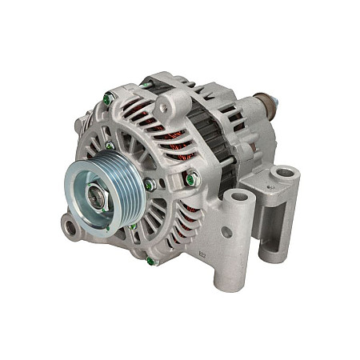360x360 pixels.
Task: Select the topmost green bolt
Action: click(107, 99)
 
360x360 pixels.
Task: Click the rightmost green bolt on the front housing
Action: click(190, 180)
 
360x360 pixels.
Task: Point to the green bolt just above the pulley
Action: click(109, 146)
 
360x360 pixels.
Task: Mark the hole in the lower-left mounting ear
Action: click(70, 230)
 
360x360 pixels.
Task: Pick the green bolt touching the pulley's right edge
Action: click(148, 186)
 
